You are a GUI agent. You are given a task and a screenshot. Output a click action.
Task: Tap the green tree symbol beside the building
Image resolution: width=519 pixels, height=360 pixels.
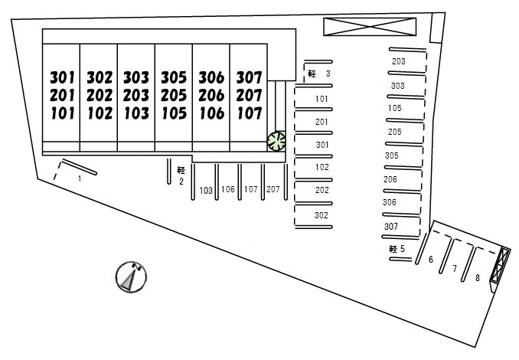coord(276,140)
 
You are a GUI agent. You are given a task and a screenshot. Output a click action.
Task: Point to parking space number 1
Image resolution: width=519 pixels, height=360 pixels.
coord(79,178)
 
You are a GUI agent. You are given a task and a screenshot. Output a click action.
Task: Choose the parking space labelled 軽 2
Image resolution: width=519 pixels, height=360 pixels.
coord(181,175)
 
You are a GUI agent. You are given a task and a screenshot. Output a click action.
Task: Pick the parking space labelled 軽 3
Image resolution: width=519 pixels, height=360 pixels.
coord(318,74)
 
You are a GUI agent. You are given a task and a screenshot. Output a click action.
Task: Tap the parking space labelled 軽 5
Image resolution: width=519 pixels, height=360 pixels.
coord(397,249)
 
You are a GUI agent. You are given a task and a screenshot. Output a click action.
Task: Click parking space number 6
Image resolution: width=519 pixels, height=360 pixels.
coord(430,260)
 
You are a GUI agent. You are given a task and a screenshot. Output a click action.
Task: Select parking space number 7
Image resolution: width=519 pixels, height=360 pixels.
coord(454,268)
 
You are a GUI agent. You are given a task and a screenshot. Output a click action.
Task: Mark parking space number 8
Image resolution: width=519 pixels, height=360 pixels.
coord(477,277)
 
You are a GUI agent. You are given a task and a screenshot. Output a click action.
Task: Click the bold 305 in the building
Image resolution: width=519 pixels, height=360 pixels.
coord(174,77)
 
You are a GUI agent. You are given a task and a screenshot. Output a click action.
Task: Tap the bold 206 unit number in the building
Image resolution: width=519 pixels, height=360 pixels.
coord(211,96)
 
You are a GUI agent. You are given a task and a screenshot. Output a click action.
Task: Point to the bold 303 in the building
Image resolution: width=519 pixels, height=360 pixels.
coord(136,77)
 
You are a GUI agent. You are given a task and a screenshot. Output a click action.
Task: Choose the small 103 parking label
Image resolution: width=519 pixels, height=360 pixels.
coord(205,190)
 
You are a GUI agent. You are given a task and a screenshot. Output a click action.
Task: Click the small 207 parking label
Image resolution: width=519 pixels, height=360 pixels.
coord(273,189)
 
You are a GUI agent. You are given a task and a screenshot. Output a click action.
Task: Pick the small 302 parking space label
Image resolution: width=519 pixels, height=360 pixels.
coord(322,215)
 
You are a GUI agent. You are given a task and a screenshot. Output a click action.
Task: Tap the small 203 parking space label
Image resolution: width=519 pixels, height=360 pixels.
coord(398,61)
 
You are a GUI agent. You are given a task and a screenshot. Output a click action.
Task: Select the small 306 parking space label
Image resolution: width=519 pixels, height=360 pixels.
coord(390,202)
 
